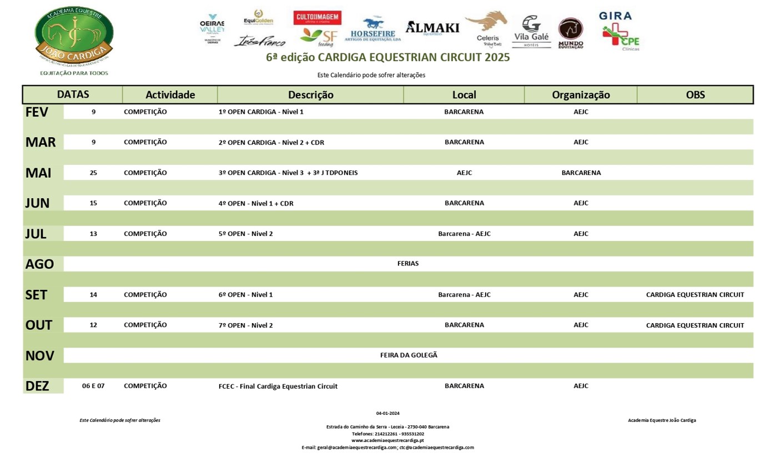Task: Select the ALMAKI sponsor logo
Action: point(432,27)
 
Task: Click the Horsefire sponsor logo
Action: point(373,30)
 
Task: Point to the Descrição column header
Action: point(310,95)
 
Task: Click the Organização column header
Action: point(581,95)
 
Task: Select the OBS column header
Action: point(695,95)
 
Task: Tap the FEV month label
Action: point(37,112)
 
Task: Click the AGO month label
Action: point(39,264)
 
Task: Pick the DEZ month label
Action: point(37,386)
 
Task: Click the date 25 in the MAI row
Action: point(93,173)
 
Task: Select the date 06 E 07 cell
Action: point(93,386)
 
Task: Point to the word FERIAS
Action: point(408,264)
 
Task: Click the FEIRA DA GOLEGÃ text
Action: point(409,355)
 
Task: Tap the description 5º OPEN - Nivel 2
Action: point(245,234)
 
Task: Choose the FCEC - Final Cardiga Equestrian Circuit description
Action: point(278,386)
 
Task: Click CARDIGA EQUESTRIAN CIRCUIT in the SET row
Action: point(694,295)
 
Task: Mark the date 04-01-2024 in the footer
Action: point(387,413)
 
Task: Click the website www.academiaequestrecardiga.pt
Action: point(387,440)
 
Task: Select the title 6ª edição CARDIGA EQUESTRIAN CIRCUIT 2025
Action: point(387,57)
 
